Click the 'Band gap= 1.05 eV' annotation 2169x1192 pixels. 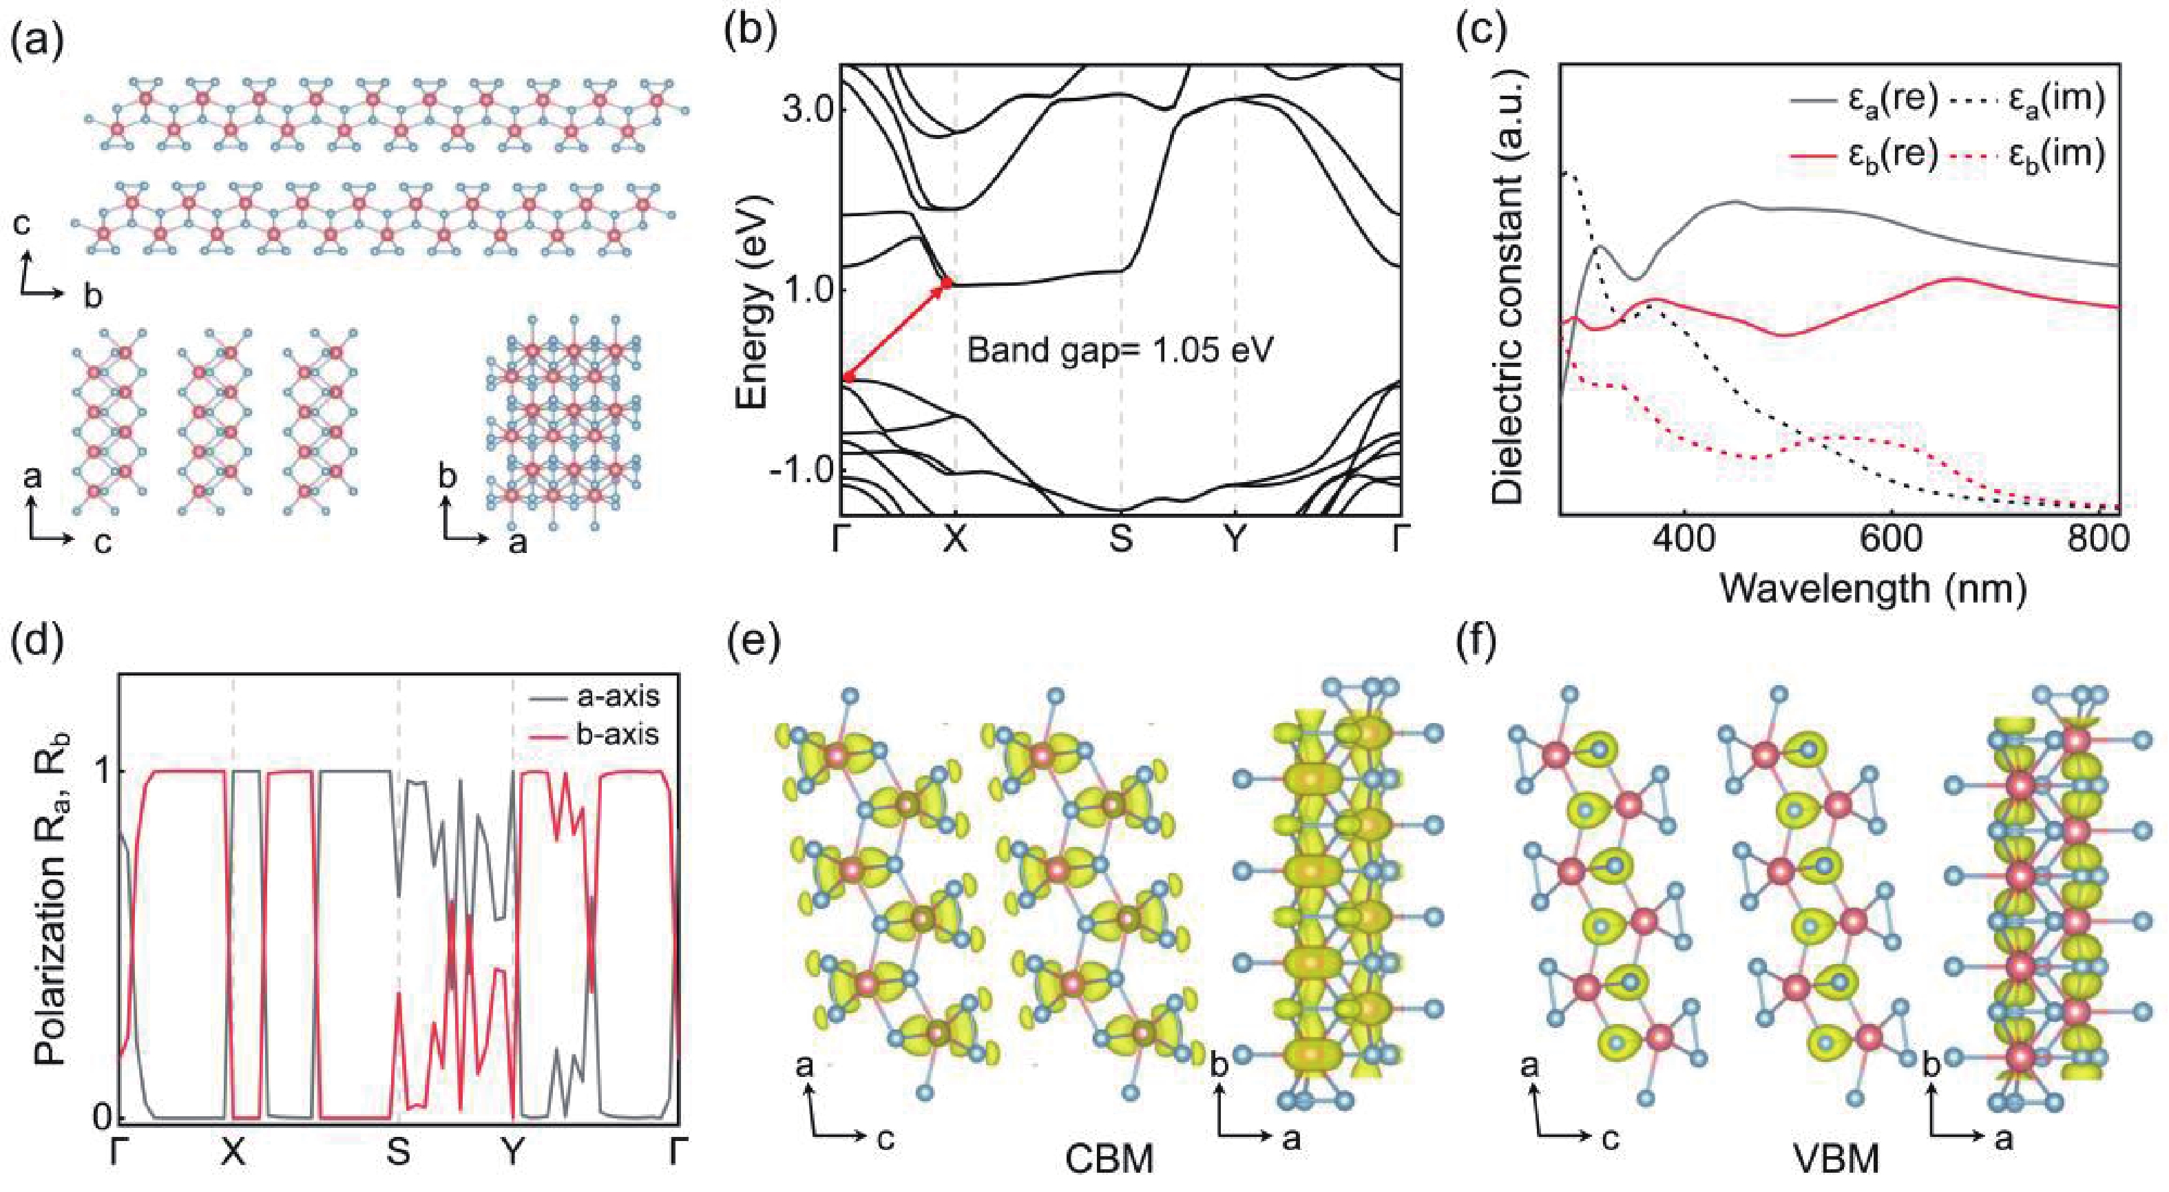coord(1118,348)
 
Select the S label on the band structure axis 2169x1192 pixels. coord(1121,541)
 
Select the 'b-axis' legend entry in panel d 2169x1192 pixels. coord(623,735)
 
